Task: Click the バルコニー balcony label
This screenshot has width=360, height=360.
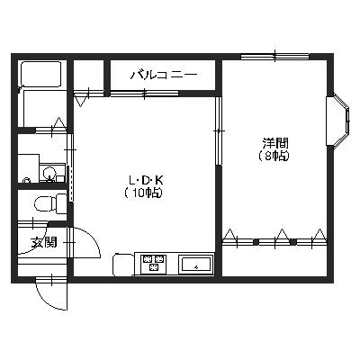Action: (164, 75)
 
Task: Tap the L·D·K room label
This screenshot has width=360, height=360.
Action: (146, 180)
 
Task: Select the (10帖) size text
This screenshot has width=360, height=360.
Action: (144, 193)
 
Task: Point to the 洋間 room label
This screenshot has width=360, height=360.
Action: (275, 143)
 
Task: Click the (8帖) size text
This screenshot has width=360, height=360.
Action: (274, 156)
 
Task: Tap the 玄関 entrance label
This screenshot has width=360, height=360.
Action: (44, 242)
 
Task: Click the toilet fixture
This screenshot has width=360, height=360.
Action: (50, 204)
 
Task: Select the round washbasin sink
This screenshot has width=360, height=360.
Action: (49, 173)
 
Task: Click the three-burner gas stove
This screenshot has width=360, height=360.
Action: (154, 263)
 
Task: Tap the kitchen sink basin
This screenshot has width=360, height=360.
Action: (195, 265)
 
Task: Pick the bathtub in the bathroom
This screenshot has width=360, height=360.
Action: (40, 74)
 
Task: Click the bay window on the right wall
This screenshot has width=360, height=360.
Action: (338, 121)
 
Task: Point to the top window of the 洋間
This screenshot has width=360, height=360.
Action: (275, 56)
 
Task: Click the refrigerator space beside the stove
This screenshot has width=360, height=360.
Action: (123, 265)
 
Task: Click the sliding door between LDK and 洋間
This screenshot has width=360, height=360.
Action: (219, 130)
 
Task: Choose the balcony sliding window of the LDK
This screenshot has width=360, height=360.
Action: (144, 94)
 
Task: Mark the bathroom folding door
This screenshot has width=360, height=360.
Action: (51, 130)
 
